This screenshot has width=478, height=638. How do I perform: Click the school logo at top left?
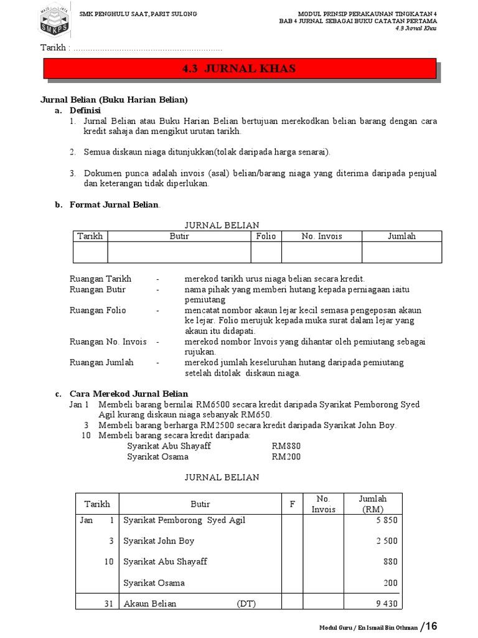[x=57, y=22]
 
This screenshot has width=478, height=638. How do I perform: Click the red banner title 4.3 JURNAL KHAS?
[x=239, y=69]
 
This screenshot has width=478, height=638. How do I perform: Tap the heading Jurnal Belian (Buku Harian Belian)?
[x=114, y=100]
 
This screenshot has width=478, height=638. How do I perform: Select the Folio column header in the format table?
[x=266, y=236]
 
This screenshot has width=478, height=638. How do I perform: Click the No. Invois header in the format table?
[x=321, y=236]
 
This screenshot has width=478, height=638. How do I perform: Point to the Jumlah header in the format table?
[x=401, y=236]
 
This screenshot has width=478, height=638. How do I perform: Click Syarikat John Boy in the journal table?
[x=159, y=541]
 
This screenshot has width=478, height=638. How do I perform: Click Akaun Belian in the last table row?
[x=149, y=604]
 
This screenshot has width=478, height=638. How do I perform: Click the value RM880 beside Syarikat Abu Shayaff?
[x=286, y=446]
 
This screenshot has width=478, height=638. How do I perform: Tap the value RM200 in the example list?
[x=286, y=457]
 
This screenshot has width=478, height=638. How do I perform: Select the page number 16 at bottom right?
[x=431, y=626]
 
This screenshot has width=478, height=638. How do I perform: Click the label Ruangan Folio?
[x=98, y=310]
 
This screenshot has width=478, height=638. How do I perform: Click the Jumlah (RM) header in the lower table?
[x=372, y=503]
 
